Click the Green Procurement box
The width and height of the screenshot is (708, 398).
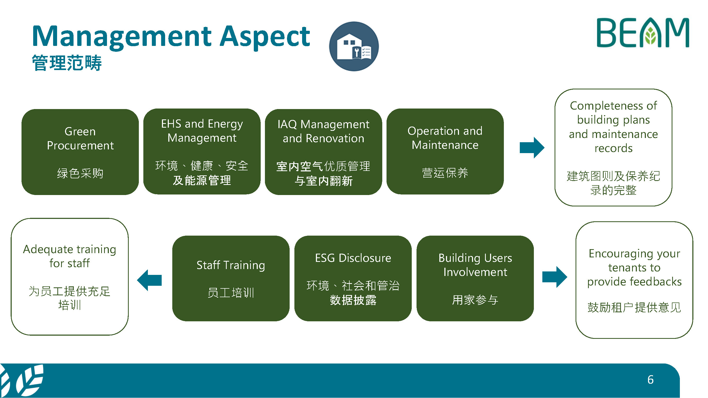(x=80, y=152)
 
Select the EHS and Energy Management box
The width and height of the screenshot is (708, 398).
(x=202, y=151)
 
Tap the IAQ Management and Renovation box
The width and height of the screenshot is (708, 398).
(x=323, y=152)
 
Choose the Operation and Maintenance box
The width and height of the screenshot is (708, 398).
(x=445, y=151)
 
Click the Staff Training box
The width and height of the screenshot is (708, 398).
(x=231, y=278)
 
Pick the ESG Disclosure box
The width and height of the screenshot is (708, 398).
(x=353, y=278)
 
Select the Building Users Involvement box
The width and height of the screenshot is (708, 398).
(x=475, y=278)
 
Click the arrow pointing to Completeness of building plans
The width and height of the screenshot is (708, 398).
(x=532, y=148)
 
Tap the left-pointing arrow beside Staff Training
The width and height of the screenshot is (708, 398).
(x=149, y=280)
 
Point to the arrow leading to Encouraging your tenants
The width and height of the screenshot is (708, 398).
(x=555, y=277)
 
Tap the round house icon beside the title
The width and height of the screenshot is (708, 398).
(x=354, y=46)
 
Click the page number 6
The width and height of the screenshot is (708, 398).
(x=650, y=380)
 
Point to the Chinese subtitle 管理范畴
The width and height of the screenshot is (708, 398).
(x=67, y=63)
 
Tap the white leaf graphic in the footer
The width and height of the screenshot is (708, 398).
(x=22, y=380)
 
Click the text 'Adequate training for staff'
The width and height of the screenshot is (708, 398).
(x=70, y=256)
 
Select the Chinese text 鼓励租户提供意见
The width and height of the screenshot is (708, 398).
(x=634, y=307)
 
